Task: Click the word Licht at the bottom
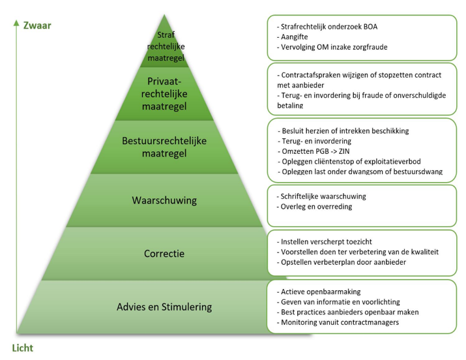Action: [x=22, y=347]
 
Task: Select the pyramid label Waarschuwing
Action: [x=164, y=200]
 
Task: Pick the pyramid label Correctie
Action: [x=164, y=252]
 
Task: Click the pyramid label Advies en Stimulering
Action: [x=164, y=307]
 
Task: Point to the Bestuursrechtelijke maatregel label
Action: [x=164, y=147]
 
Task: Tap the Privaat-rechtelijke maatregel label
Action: [x=164, y=93]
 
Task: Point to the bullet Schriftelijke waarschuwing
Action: [x=323, y=196]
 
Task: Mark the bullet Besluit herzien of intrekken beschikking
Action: [x=345, y=130]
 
